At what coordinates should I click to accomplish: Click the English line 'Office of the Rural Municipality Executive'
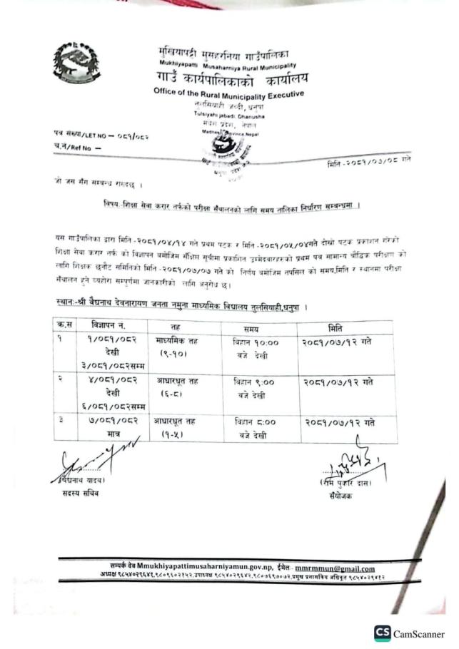[228, 94]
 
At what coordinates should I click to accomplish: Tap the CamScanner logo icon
[382, 633]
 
